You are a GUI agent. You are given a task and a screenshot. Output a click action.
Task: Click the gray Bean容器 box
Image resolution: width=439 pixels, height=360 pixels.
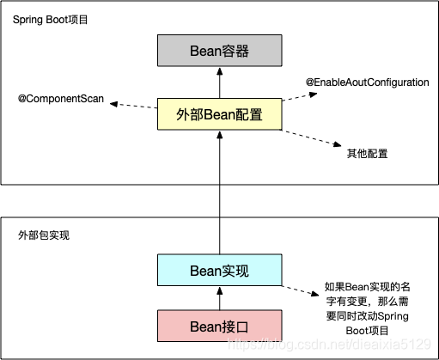click(219, 52)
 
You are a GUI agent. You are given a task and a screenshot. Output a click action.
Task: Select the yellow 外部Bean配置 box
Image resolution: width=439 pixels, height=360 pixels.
click(219, 113)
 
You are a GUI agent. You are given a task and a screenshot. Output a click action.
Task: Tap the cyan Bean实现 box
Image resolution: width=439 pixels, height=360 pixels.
click(219, 271)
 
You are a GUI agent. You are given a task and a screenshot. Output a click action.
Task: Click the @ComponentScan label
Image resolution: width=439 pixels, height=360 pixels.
click(61, 100)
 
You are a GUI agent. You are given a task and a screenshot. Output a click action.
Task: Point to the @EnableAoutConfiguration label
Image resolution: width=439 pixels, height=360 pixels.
click(368, 82)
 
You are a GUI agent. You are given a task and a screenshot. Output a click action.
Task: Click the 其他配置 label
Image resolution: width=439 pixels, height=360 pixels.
click(367, 154)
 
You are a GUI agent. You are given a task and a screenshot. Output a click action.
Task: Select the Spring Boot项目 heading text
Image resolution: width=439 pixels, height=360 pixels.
click(49, 19)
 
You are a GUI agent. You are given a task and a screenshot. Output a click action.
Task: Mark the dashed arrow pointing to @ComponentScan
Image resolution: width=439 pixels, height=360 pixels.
click(133, 105)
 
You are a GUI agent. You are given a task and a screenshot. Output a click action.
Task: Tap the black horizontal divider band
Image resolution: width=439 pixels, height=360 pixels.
click(86, 201)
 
